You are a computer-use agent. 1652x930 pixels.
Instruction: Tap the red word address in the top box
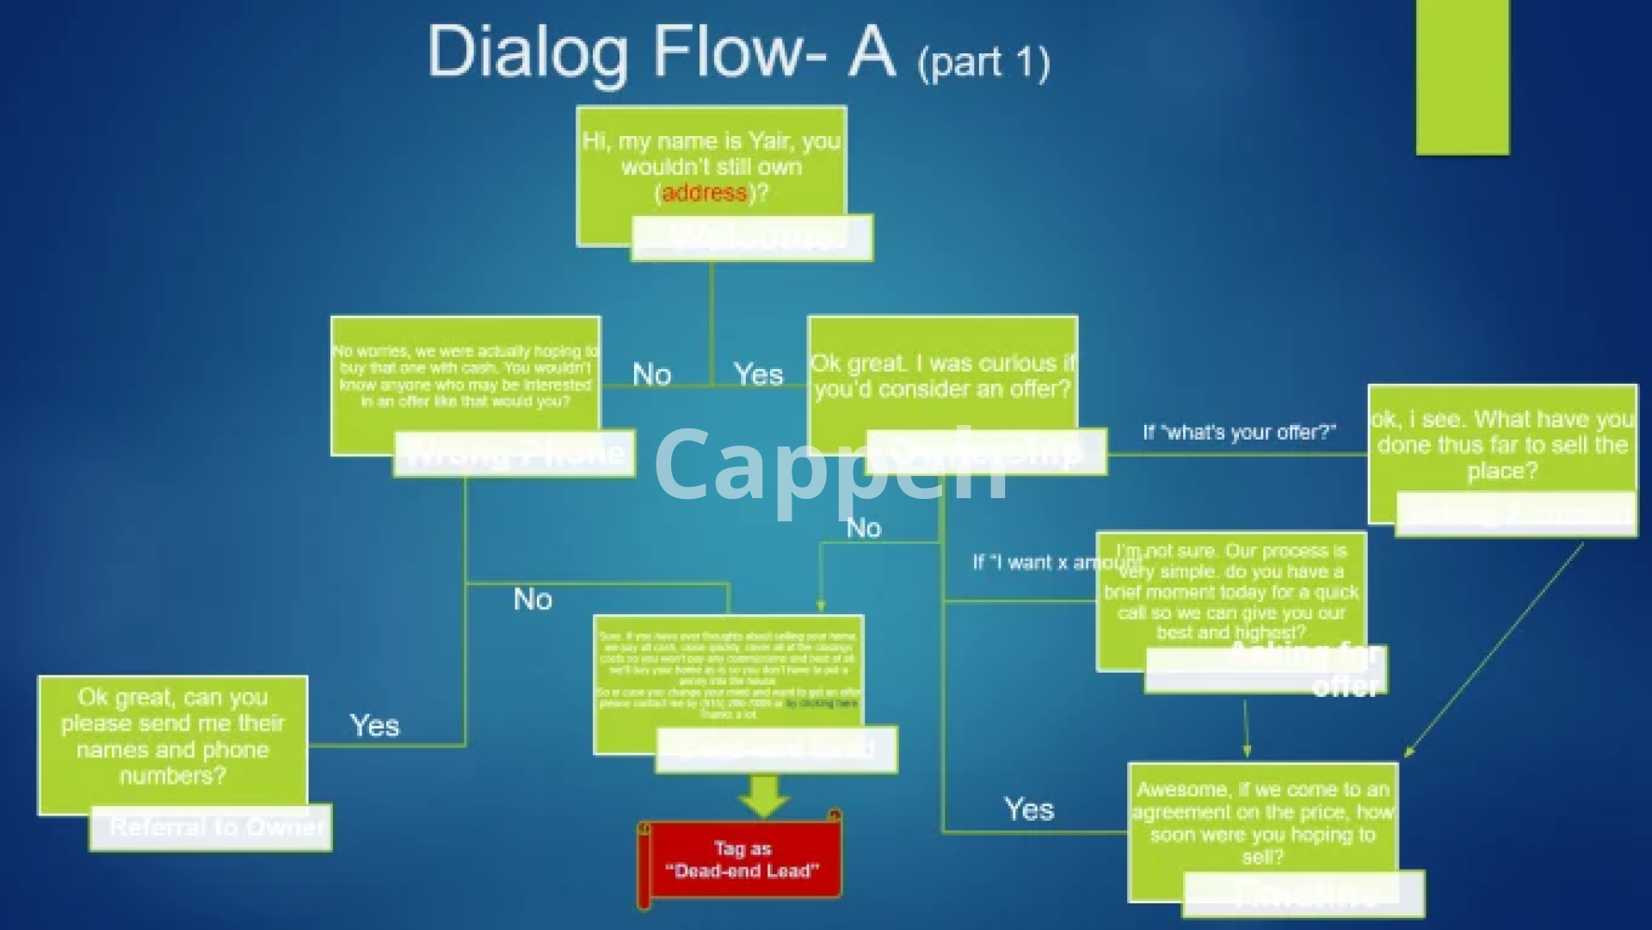(704, 193)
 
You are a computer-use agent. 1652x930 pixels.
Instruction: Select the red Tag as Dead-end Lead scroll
(741, 860)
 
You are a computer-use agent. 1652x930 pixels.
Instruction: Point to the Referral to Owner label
(217, 827)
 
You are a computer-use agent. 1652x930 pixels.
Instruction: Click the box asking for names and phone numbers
(172, 736)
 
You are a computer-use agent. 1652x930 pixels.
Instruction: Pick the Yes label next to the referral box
(374, 725)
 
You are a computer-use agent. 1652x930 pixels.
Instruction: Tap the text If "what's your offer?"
(1239, 432)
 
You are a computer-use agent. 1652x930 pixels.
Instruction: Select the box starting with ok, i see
(1501, 444)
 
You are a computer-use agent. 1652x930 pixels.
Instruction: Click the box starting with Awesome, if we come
(1262, 822)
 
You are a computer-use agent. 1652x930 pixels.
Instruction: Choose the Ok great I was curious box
(942, 376)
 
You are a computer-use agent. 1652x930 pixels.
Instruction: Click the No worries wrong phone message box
(465, 377)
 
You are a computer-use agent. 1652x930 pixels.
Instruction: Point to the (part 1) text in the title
(983, 63)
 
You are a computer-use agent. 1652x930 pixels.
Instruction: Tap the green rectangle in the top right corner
(1462, 77)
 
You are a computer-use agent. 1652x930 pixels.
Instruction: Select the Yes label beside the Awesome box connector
(1028, 809)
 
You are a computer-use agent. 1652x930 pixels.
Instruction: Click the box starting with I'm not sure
(1230, 591)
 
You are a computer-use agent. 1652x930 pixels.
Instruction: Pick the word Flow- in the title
(739, 52)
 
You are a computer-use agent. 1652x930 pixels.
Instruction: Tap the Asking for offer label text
(1308, 668)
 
